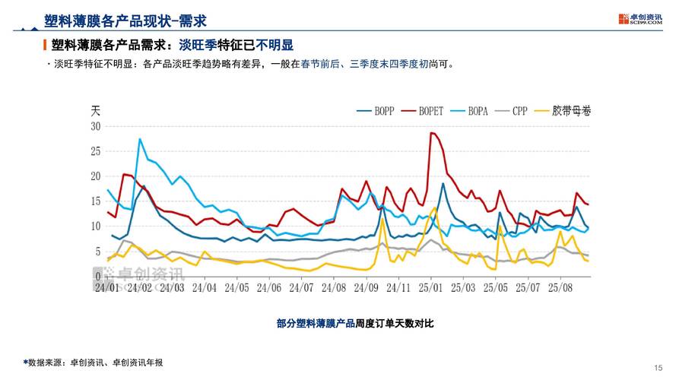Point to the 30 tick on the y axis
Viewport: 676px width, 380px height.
(x=95, y=126)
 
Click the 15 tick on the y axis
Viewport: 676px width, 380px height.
(x=95, y=201)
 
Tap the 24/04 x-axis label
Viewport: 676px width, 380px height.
(x=204, y=288)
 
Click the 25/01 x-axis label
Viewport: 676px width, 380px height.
(x=430, y=288)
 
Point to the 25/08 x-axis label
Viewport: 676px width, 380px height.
(x=560, y=288)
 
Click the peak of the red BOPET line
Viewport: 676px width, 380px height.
(x=431, y=133)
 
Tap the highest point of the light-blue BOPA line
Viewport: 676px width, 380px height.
(x=140, y=139)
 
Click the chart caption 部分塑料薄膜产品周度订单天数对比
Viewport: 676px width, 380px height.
(x=355, y=323)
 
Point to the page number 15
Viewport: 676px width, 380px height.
(x=658, y=366)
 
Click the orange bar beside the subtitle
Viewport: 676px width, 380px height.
(x=45, y=46)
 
